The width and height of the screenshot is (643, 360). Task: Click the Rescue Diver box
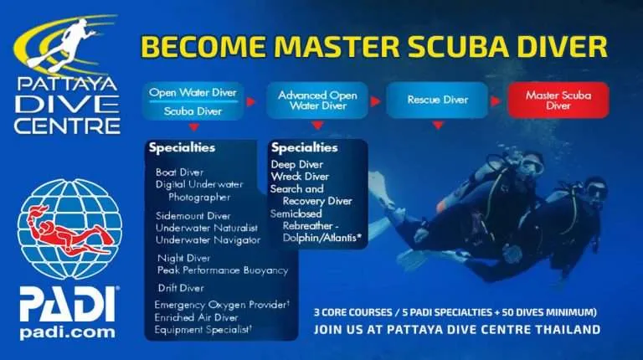click(x=437, y=100)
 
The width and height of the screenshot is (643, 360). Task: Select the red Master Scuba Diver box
click(x=558, y=100)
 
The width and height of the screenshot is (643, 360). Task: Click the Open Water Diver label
click(x=193, y=92)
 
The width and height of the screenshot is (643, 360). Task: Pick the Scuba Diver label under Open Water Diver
click(x=193, y=111)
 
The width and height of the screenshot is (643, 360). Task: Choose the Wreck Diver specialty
click(x=300, y=177)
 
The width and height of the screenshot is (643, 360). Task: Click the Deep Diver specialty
click(x=298, y=164)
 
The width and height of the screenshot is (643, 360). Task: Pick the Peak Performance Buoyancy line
click(x=222, y=270)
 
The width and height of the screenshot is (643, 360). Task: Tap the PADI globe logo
click(x=64, y=227)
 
